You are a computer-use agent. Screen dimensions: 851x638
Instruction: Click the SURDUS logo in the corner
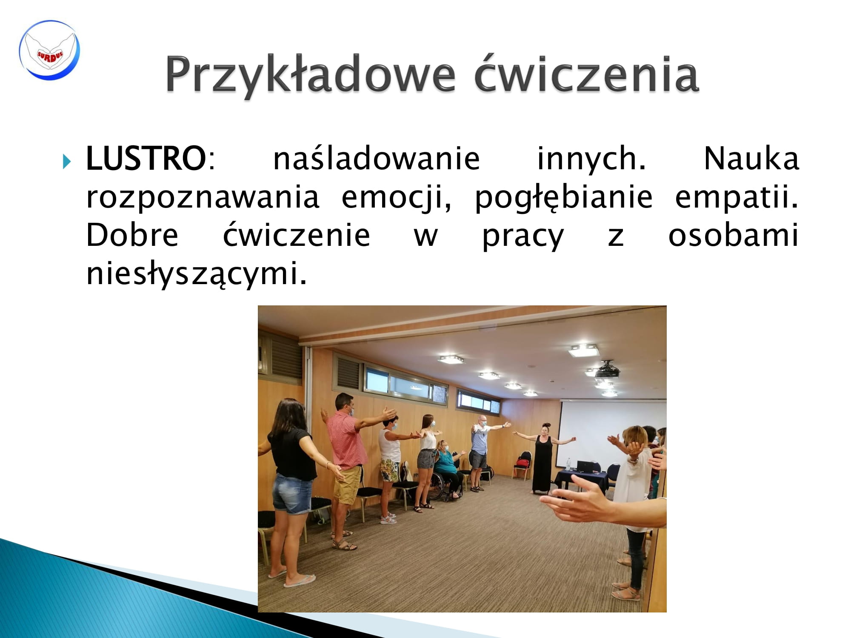click(x=49, y=50)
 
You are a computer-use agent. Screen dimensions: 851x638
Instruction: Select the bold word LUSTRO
click(x=146, y=158)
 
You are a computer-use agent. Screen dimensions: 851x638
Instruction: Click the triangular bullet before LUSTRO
click(x=67, y=162)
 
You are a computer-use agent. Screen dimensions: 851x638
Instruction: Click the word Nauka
click(x=751, y=158)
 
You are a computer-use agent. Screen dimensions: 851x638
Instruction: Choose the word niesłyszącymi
click(x=196, y=274)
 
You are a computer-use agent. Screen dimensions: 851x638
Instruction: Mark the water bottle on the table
click(x=569, y=464)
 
